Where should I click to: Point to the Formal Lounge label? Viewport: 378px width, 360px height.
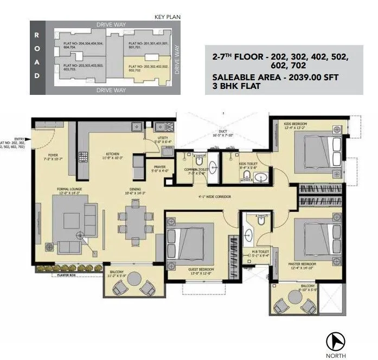pos(69,189)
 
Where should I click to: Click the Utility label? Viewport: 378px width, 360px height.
pos(163,138)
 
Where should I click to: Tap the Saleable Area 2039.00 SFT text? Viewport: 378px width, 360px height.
pos(276,78)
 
